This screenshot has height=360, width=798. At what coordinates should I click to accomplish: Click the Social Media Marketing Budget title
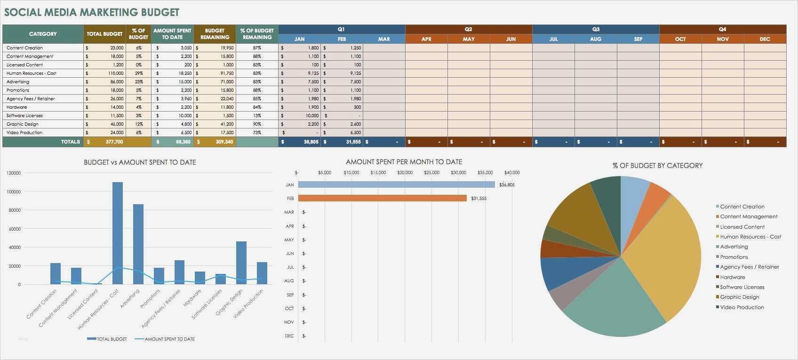click(91, 12)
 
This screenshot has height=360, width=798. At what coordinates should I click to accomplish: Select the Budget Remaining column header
click(215, 34)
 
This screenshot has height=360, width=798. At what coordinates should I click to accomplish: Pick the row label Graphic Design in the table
click(23, 124)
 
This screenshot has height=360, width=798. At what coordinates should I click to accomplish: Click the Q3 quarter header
click(595, 29)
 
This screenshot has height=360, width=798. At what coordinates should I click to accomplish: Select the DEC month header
click(765, 39)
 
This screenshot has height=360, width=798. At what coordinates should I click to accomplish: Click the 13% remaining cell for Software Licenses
click(257, 116)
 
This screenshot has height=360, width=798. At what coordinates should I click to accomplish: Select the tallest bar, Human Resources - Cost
click(118, 233)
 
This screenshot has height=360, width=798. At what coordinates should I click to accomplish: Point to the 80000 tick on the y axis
click(14, 210)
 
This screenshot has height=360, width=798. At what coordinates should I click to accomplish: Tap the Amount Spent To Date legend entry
click(169, 339)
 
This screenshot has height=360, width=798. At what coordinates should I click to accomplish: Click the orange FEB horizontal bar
click(382, 199)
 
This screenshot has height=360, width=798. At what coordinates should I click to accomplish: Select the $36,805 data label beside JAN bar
click(507, 185)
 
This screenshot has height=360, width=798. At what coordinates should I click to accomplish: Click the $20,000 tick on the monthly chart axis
click(405, 173)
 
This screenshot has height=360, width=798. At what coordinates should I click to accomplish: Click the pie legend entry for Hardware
click(732, 277)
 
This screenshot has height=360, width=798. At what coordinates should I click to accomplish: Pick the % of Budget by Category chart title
click(657, 166)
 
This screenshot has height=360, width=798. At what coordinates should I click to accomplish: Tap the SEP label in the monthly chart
click(290, 295)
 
